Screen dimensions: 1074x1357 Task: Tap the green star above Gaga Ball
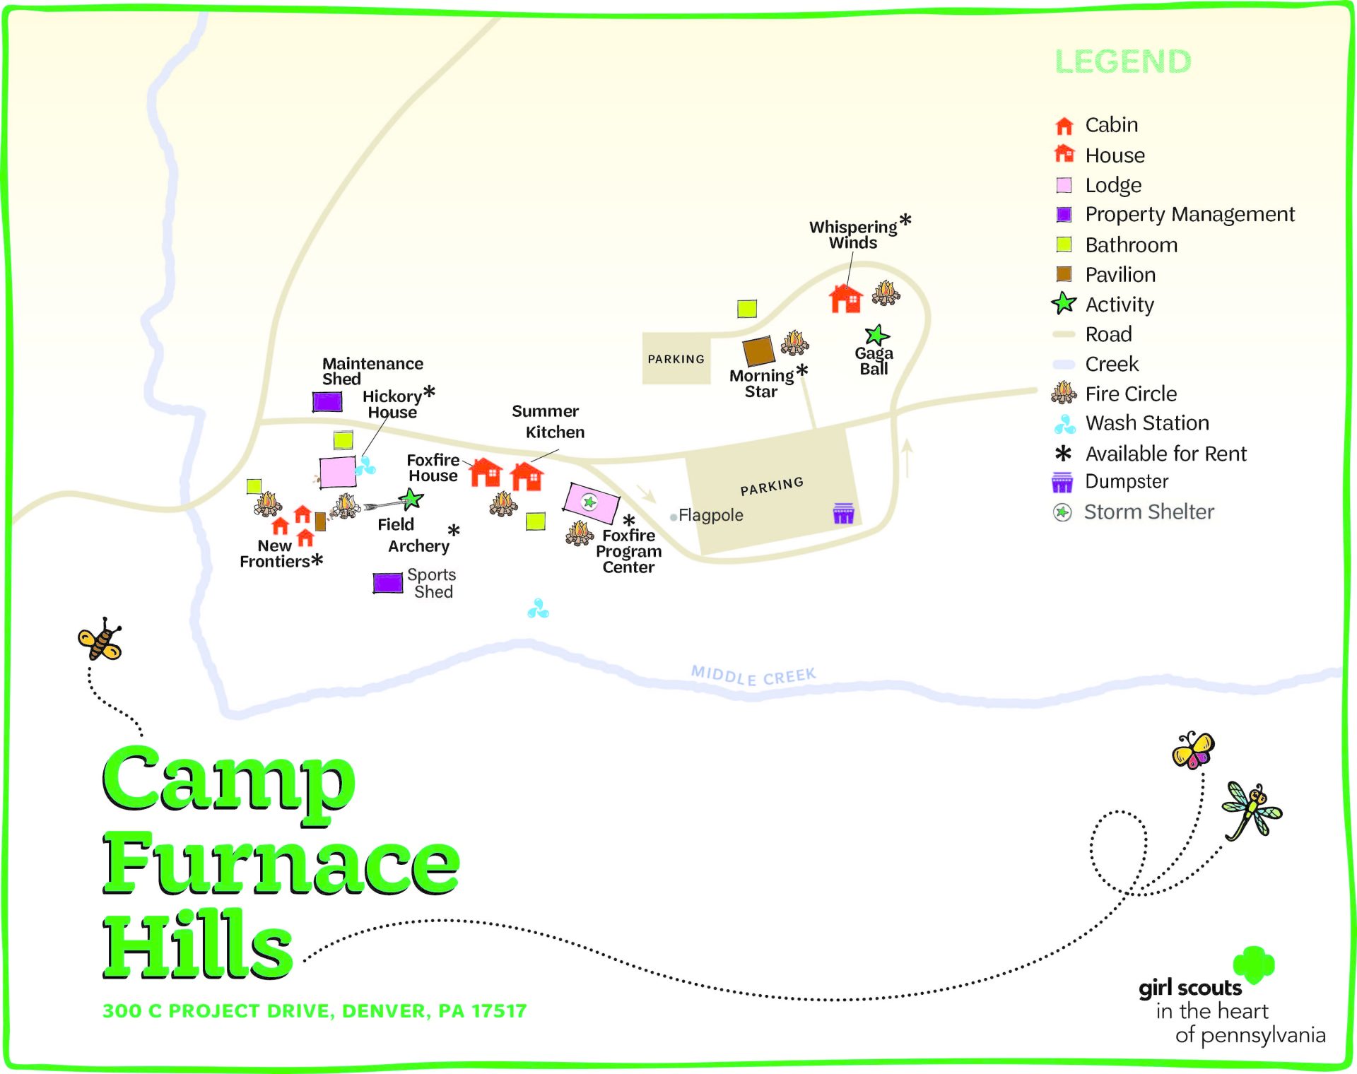(876, 335)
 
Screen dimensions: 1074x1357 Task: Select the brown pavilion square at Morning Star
(758, 350)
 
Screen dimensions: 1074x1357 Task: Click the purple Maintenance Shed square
(327, 401)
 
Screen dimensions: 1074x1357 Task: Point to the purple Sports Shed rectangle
(387, 583)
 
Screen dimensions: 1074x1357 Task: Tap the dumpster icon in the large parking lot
(843, 513)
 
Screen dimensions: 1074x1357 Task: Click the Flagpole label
(710, 515)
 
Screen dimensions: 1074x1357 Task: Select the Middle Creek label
(753, 675)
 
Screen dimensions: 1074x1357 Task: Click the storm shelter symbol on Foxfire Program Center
(589, 502)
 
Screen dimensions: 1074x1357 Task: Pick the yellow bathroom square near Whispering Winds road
(747, 308)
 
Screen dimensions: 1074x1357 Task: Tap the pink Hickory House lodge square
(337, 472)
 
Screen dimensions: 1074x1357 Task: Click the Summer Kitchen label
(548, 421)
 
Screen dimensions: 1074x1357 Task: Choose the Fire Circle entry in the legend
(1130, 394)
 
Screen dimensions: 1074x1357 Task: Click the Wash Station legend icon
(1064, 424)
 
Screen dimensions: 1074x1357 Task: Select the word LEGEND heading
(1122, 61)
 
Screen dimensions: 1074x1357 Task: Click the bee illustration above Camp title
(100, 639)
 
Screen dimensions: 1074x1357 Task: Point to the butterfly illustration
(1193, 750)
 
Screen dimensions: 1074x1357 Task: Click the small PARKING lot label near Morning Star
(676, 359)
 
